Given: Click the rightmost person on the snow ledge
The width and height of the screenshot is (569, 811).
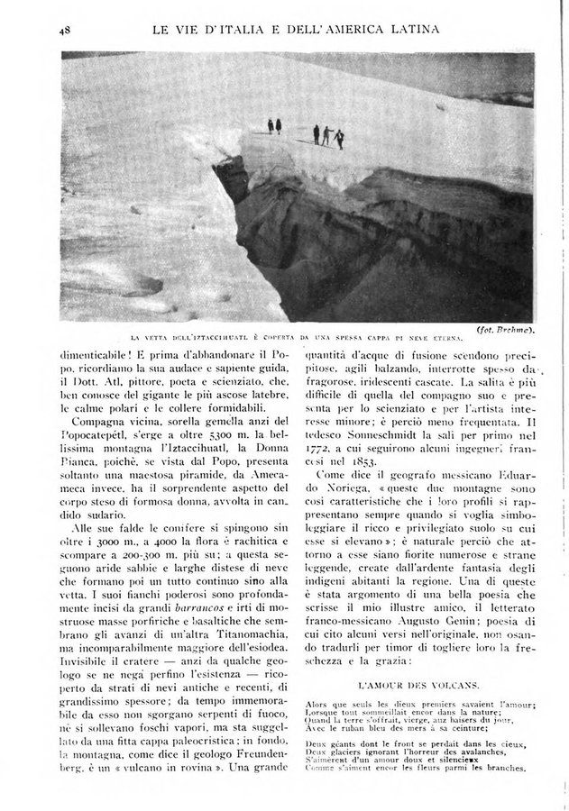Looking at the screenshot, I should click(x=339, y=137).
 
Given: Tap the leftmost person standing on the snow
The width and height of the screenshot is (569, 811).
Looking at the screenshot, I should click(x=269, y=125).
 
